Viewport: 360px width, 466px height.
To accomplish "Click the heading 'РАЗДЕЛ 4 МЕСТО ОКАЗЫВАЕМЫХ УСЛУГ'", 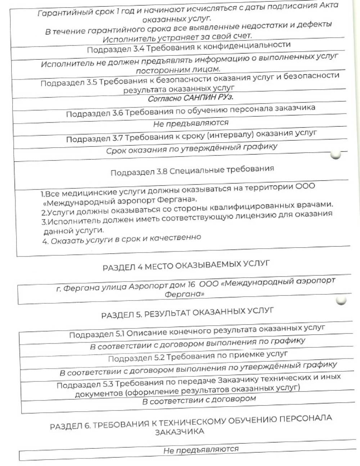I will point(186,266).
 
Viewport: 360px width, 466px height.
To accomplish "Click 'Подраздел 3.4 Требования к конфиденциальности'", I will point(189,47).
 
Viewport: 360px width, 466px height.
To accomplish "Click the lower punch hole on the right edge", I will point(341,300).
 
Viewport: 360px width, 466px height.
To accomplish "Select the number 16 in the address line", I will point(191,285).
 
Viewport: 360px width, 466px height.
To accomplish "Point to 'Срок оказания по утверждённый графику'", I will point(192,148).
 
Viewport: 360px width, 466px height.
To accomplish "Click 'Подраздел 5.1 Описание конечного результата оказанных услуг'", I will point(197,331).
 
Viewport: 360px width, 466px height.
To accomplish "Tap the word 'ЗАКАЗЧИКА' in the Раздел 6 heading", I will point(179,431).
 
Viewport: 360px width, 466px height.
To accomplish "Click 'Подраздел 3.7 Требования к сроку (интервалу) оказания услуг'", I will point(191,136).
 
